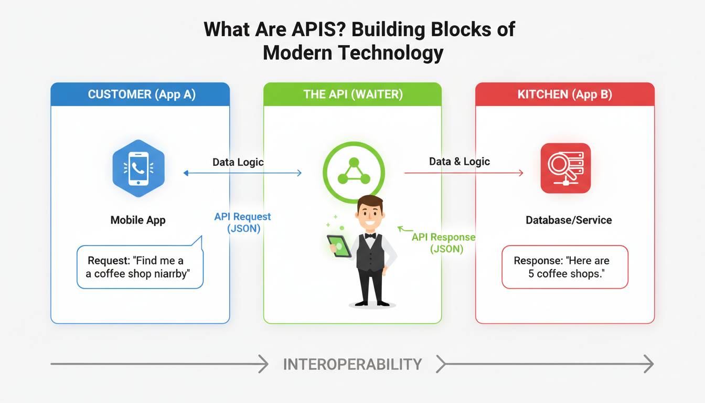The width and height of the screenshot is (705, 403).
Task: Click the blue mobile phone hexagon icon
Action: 138,168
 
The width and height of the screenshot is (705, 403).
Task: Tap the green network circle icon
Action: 353,172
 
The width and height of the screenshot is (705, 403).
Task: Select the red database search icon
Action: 565,168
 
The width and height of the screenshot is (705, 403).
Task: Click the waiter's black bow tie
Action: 370,236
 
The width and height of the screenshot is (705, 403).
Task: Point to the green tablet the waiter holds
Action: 338,246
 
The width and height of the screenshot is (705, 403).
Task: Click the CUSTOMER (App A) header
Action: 141,94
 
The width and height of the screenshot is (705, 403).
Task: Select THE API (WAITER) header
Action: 352,94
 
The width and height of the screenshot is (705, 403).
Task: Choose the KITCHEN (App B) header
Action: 564,94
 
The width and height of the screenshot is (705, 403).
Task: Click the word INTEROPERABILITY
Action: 352,364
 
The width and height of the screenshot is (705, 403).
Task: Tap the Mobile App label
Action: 138,220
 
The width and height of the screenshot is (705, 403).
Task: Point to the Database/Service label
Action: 569,220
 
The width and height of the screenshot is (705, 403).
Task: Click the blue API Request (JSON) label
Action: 243,222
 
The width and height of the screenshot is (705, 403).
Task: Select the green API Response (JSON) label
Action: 444,243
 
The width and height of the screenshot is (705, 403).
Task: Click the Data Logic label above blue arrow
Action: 238,162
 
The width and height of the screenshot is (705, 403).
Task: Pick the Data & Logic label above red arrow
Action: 460,162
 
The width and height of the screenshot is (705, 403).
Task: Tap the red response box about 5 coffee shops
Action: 565,267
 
